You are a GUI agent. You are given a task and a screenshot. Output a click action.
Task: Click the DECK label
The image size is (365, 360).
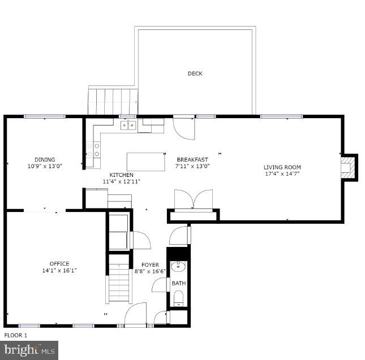point(195,73)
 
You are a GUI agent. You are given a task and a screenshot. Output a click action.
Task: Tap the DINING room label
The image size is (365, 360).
point(45,159)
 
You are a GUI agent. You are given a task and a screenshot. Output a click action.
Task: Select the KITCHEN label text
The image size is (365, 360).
point(122,175)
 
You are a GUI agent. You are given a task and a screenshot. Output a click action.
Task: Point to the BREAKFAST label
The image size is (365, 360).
point(192,159)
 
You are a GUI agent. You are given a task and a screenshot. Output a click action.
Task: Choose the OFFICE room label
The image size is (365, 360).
point(59,263)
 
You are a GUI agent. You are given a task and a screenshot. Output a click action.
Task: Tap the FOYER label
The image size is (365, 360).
point(150,264)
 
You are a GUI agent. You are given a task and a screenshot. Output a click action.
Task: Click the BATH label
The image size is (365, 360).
point(178,283)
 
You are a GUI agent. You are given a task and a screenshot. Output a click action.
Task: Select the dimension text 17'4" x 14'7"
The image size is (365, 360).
point(282,174)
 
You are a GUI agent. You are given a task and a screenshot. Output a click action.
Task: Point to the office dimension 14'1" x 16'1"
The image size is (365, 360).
point(59,271)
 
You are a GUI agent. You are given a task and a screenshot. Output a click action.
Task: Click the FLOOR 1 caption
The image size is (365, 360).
point(16,335)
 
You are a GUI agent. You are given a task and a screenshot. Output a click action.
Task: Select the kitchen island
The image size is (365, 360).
point(146,161)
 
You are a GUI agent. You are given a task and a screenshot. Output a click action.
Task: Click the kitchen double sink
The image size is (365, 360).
point(128,125)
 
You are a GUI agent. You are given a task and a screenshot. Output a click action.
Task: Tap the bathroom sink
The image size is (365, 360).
point(179,267)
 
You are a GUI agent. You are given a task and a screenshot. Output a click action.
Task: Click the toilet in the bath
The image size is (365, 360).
point(178,298)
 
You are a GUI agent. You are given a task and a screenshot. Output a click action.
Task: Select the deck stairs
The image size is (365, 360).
point(113,100)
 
